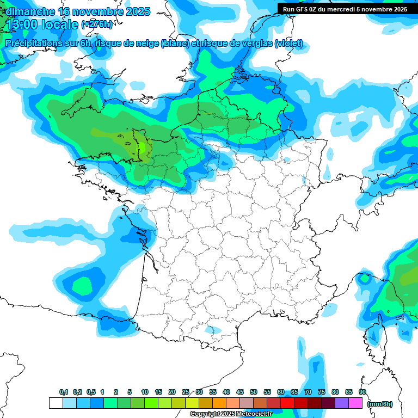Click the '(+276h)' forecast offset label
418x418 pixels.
pyautogui.click(x=97, y=24)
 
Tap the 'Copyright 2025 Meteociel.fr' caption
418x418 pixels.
pyautogui.click(x=231, y=414)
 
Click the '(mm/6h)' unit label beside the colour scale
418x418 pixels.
pyautogui.click(x=379, y=403)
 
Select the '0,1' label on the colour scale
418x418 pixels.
pyautogui.click(x=64, y=392)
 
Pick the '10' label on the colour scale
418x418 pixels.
pyautogui.click(x=145, y=392)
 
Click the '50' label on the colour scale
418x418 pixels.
pyautogui.click(x=254, y=392)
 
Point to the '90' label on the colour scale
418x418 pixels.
pyautogui.click(x=362, y=392)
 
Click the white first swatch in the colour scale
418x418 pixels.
pyautogui.click(x=56, y=403)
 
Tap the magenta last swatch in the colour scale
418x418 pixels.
pyautogui.click(x=355, y=403)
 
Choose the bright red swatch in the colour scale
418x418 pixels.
pyautogui.click(x=287, y=403)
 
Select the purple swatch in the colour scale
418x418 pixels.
pyautogui.click(x=342, y=403)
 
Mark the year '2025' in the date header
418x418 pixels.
pyautogui.click(x=136, y=11)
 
